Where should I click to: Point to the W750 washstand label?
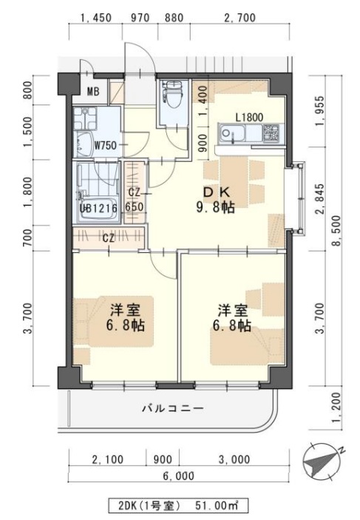(105, 145)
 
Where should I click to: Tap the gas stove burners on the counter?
(270, 135)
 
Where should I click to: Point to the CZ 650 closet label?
(135, 200)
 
